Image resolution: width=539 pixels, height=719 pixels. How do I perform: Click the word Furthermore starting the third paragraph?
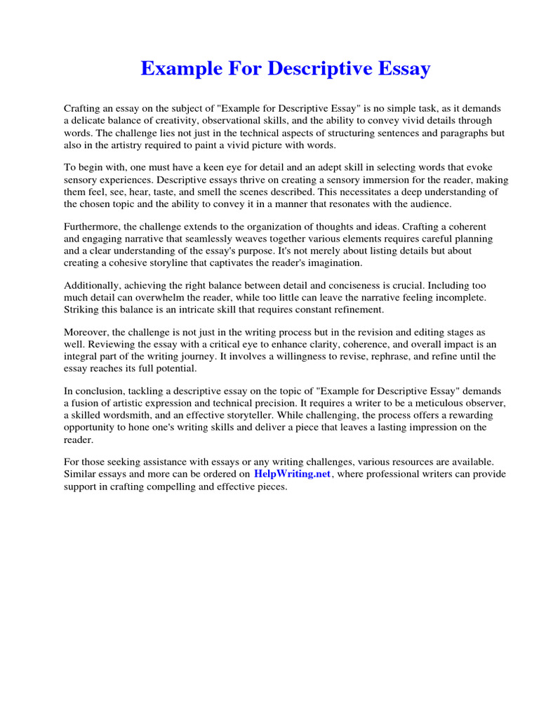pyautogui.click(x=93, y=227)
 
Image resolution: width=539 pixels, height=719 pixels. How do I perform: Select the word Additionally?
pyautogui.click(x=94, y=286)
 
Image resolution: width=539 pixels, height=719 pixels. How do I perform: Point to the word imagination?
pyautogui.click(x=333, y=263)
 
